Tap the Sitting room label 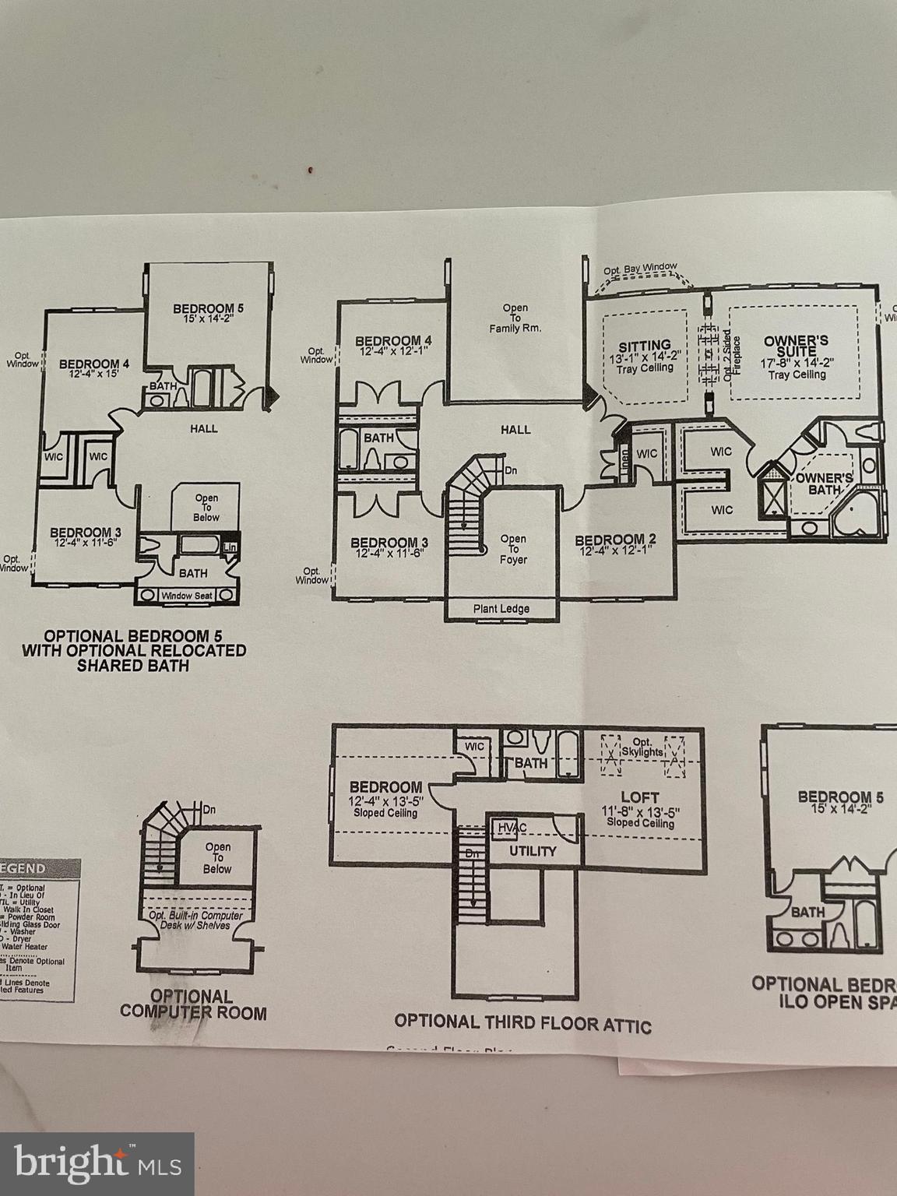point(645,346)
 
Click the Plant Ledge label point(501,609)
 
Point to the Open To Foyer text point(513,549)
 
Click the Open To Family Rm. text point(515,318)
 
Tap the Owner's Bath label point(825,484)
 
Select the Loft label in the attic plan point(639,797)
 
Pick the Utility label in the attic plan point(533,851)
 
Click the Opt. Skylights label point(642,747)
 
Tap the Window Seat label point(186,596)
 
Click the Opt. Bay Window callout point(640,269)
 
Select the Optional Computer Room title point(192,1004)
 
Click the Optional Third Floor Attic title point(522,1022)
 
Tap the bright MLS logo point(97,1164)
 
